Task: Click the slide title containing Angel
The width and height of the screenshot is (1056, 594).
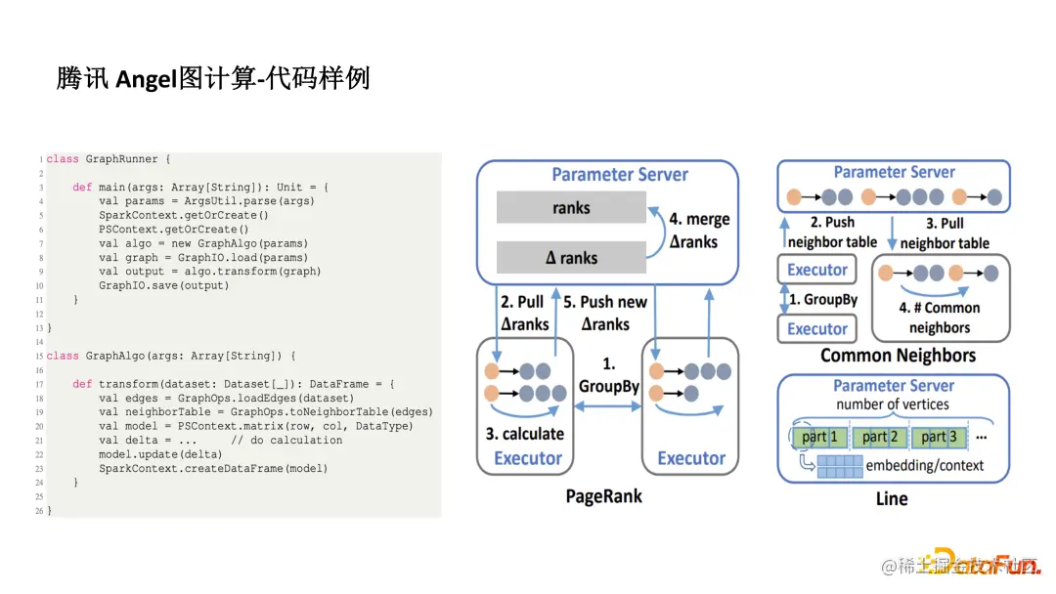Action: [213, 78]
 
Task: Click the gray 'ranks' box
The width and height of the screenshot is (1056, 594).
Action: [571, 207]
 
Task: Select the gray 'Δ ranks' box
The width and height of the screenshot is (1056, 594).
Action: [571, 258]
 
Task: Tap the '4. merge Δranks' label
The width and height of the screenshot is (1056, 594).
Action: [698, 231]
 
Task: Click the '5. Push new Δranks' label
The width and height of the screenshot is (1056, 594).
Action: [606, 313]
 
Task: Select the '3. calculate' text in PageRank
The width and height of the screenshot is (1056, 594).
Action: [525, 434]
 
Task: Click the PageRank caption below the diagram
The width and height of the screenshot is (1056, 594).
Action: [603, 496]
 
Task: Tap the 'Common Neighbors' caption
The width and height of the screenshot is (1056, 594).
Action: [898, 356]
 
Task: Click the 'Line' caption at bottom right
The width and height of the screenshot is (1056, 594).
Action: [891, 498]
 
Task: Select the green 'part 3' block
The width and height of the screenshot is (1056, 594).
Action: [940, 437]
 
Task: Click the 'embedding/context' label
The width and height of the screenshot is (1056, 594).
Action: [924, 466]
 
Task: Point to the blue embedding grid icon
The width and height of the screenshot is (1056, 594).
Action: [840, 466]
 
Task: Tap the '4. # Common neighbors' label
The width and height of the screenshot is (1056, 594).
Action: [939, 318]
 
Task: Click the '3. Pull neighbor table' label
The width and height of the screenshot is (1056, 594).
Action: [944, 233]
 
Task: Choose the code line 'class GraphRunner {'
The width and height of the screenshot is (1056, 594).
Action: [109, 158]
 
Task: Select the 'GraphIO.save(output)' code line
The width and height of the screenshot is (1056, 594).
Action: [163, 285]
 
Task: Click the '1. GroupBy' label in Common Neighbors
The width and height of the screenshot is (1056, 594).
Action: [822, 300]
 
